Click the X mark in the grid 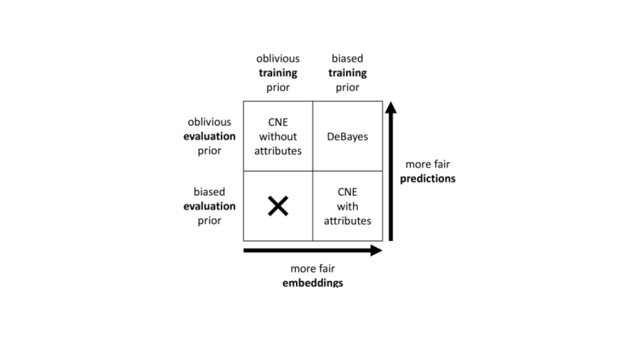[x=278, y=206]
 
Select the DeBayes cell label [x=348, y=136]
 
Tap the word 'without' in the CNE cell [x=278, y=136]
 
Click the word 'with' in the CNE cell [x=348, y=206]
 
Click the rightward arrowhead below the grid [x=376, y=250]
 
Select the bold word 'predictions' [x=428, y=179]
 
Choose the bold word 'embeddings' [x=312, y=282]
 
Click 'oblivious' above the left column [x=278, y=59]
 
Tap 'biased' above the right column [x=348, y=59]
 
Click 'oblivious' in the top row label [x=209, y=122]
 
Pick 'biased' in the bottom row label [x=209, y=192]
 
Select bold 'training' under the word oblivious [x=278, y=73]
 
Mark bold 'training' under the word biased [x=348, y=73]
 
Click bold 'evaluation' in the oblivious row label [x=209, y=136]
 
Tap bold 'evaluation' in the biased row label [x=209, y=206]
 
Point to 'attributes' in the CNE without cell [x=278, y=151]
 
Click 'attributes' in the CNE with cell [x=348, y=221]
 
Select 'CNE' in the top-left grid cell [x=278, y=122]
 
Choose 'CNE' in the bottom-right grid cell [x=348, y=192]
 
